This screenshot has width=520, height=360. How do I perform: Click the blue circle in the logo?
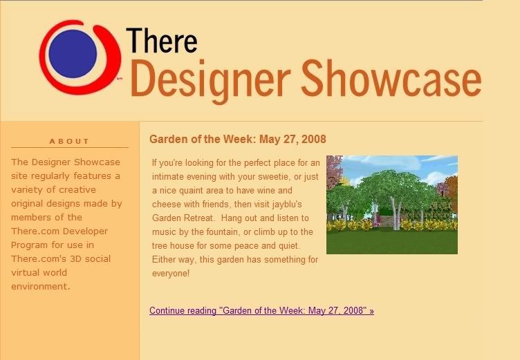[73, 54]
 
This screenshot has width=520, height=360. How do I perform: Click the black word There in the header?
[162, 41]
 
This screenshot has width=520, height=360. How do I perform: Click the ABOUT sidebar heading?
[69, 141]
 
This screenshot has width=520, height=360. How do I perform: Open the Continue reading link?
[261, 311]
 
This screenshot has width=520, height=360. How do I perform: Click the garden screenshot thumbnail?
[392, 205]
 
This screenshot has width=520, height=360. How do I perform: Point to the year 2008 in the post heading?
[314, 139]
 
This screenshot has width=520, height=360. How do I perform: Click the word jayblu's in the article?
[287, 205]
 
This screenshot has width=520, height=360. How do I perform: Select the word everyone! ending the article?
[171, 274]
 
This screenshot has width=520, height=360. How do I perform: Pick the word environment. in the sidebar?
[41, 286]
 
